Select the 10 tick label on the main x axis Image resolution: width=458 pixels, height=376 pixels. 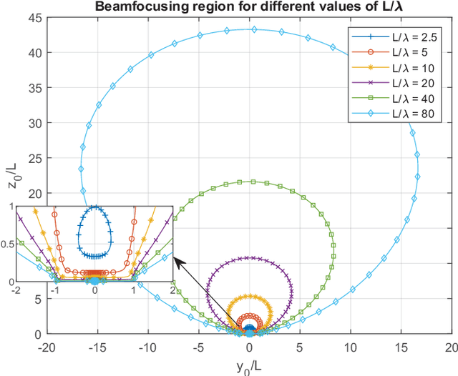click(x=351, y=347)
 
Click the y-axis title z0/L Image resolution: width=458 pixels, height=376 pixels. click(x=10, y=176)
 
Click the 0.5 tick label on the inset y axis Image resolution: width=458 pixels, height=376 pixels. click(x=7, y=244)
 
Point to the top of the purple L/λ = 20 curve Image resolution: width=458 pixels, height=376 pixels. click(x=248, y=257)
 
